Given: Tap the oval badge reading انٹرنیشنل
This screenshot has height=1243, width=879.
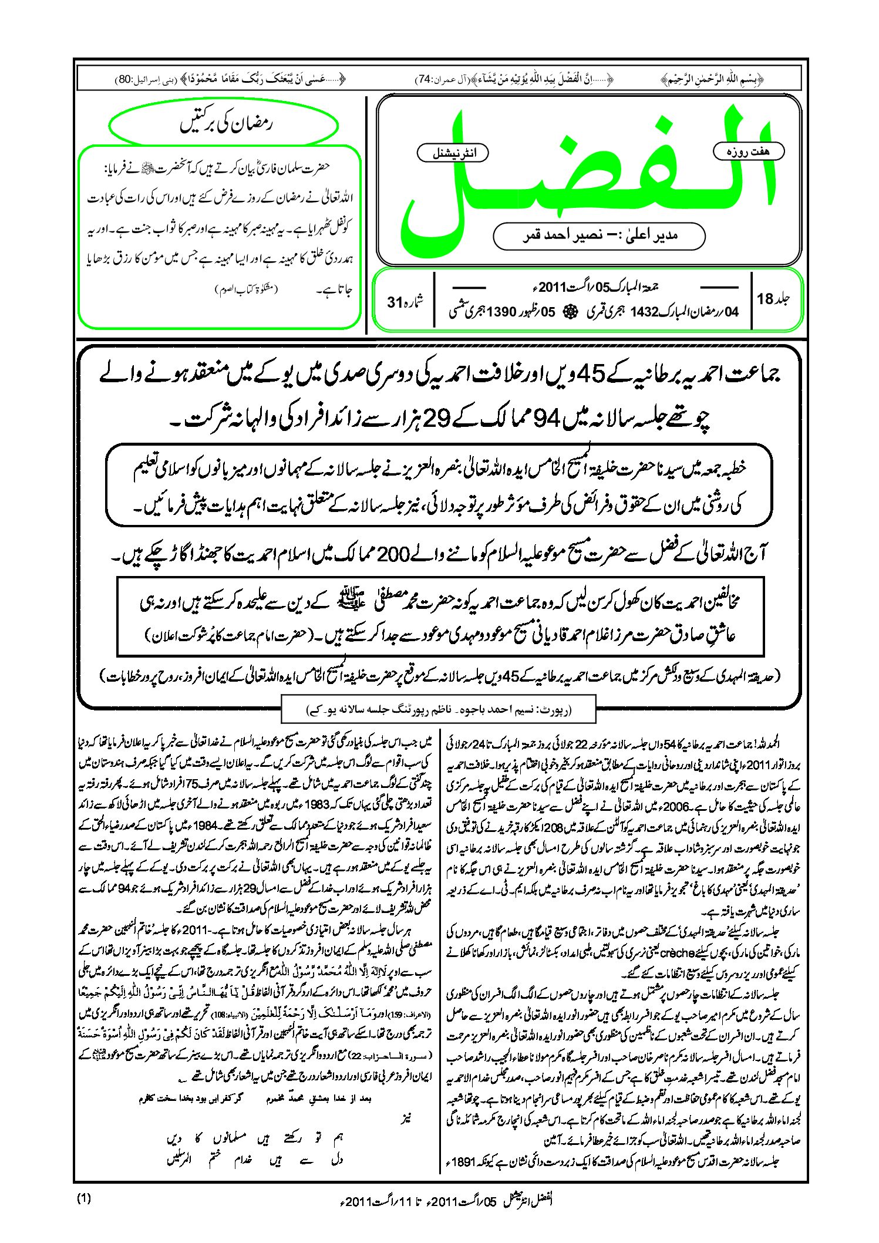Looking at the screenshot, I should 453,153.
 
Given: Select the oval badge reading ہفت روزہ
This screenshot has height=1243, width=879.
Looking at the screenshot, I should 748,151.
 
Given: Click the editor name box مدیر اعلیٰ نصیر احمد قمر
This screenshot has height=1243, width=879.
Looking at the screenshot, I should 599,236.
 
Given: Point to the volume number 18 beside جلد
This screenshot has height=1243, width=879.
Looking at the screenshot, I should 765,299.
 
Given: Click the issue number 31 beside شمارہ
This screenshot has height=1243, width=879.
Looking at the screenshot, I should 395,302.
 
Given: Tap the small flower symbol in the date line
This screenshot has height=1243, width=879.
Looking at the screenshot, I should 568,312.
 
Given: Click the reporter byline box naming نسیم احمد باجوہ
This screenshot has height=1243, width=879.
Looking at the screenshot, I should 439,710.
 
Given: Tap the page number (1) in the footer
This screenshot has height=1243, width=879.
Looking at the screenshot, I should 84,1199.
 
